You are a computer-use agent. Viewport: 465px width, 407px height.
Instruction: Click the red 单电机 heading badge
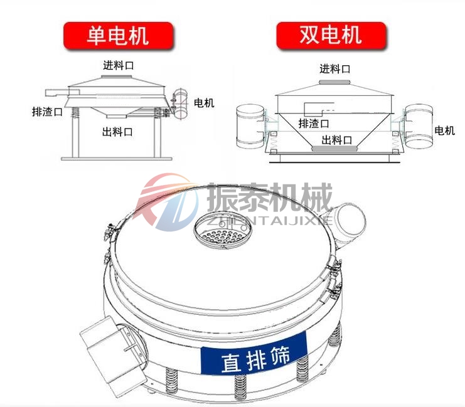click(117, 35)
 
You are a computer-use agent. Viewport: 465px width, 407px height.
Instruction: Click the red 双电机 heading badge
click(330, 35)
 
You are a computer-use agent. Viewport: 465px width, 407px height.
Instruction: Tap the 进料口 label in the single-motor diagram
click(119, 65)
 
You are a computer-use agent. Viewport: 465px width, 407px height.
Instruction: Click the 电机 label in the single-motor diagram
click(204, 103)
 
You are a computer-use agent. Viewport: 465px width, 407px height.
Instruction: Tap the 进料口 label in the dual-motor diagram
click(334, 69)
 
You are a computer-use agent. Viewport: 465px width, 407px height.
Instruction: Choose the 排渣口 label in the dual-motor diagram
click(314, 123)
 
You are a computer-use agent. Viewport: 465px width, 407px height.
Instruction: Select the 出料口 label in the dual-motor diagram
click(337, 139)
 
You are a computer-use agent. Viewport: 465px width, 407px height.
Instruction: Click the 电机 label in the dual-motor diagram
click(444, 130)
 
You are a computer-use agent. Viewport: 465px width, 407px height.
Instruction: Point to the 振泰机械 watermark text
click(270, 198)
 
